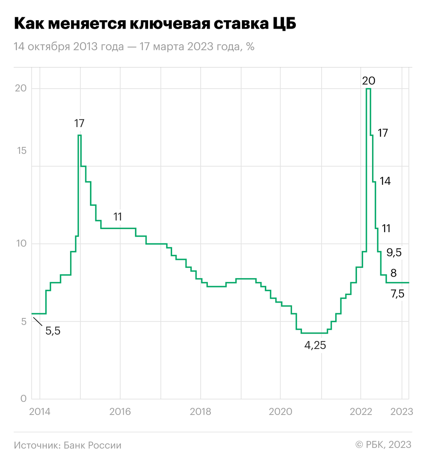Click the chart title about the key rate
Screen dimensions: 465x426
click(155, 24)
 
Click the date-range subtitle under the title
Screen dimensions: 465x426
click(134, 46)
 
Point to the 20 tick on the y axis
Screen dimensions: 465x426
click(21, 88)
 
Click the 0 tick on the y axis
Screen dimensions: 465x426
click(23, 399)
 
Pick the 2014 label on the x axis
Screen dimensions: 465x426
click(40, 412)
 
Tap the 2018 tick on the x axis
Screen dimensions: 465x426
click(200, 412)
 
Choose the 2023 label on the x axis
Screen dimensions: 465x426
click(402, 412)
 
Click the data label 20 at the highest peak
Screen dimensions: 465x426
click(369, 81)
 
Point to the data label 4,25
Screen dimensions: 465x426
click(315, 345)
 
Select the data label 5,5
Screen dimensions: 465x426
click(53, 331)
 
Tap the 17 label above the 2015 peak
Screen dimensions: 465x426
click(79, 124)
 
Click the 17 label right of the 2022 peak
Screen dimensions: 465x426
click(383, 133)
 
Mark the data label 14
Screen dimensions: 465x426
click(385, 181)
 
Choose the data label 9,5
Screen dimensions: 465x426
click(394, 253)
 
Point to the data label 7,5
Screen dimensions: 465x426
click(397, 294)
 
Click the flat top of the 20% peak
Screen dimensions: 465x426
click(368, 89)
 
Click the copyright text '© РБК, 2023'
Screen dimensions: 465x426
click(383, 445)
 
